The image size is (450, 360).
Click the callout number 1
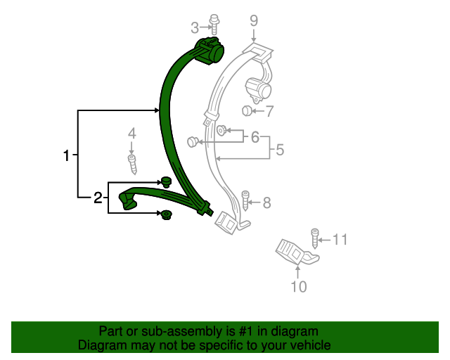(x=67, y=155)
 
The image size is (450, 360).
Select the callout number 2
(x=98, y=198)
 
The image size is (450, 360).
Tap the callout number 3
(x=195, y=27)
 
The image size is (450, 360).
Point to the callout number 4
(x=131, y=134)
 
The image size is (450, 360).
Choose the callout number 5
(x=279, y=149)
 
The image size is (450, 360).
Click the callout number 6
(x=255, y=136)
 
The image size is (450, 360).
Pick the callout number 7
(x=269, y=110)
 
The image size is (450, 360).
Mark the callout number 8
(x=266, y=203)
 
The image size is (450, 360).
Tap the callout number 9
(x=254, y=21)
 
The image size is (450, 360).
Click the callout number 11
(x=340, y=240)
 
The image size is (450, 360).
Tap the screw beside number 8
(x=246, y=201)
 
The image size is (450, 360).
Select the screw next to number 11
(x=315, y=236)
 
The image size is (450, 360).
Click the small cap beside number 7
(x=247, y=110)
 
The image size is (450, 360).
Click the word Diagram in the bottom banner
(x=101, y=345)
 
